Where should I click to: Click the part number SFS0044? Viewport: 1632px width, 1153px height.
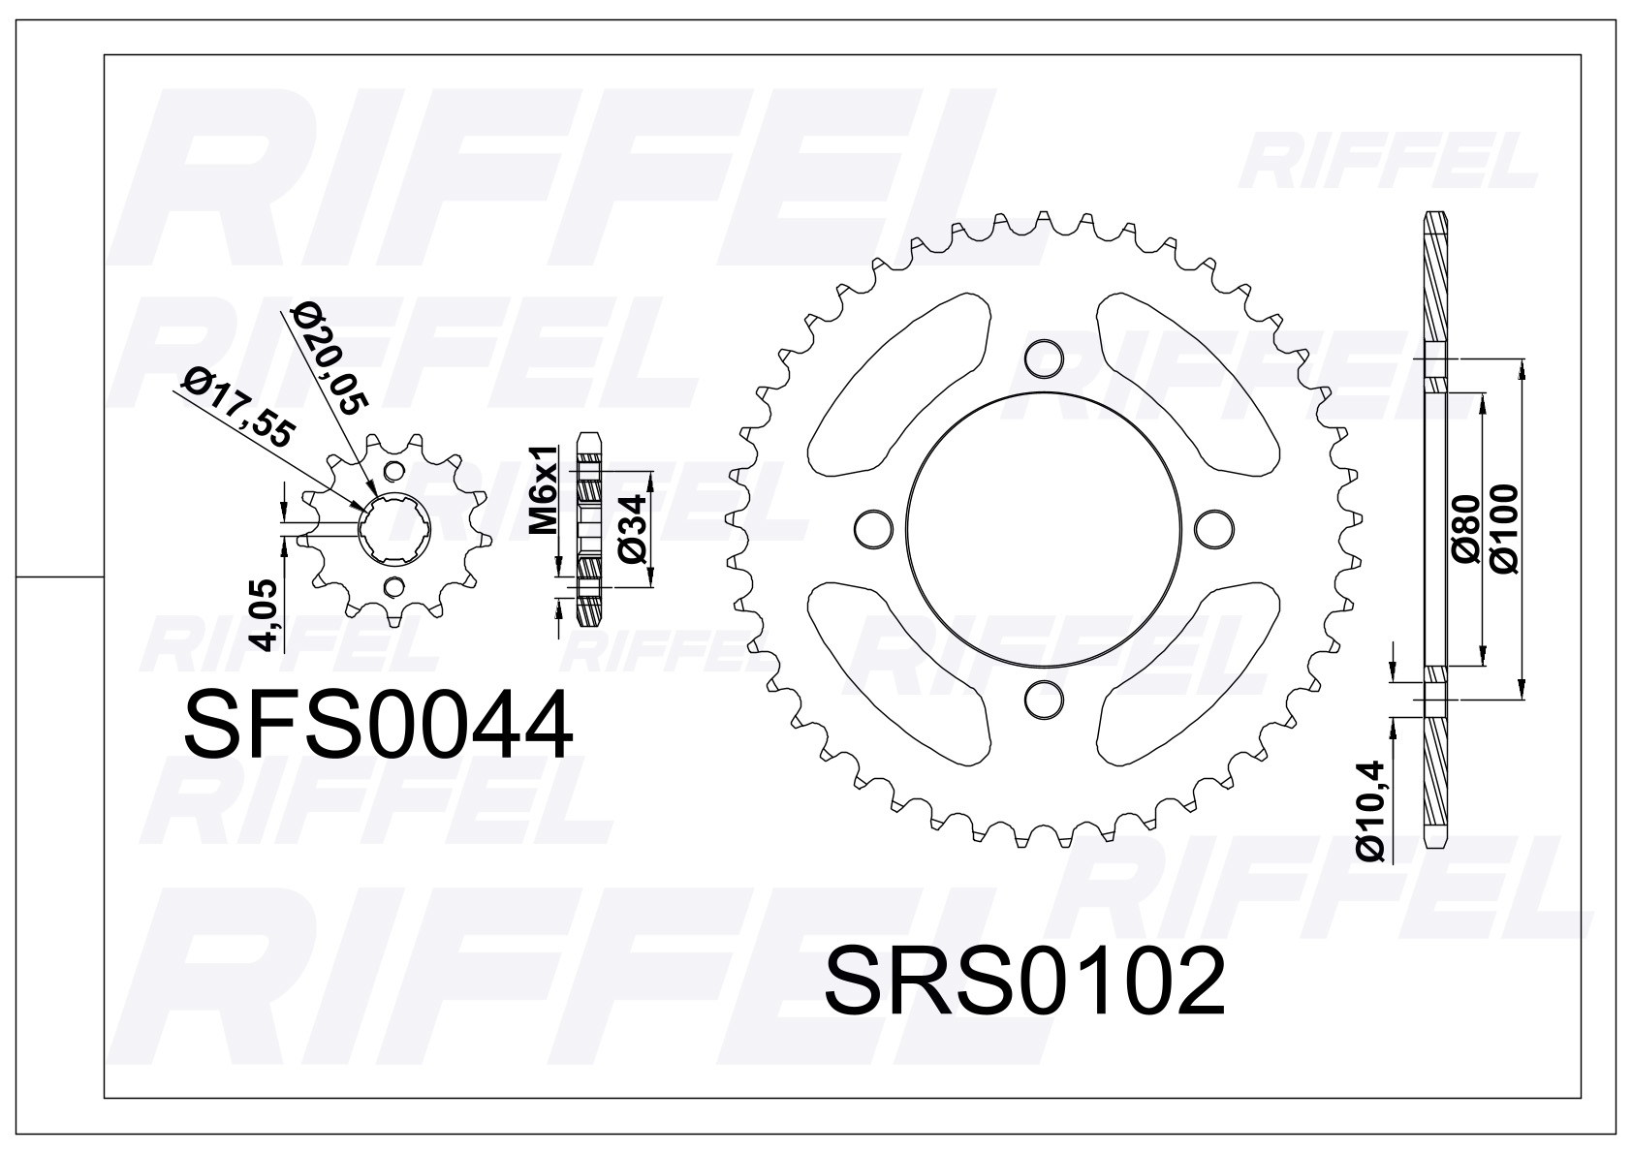tap(378, 727)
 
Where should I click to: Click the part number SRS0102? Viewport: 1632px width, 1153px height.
tap(1024, 981)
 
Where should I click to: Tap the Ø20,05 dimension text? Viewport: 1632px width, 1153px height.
tap(330, 360)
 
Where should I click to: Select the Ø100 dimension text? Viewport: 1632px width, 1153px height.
tap(1504, 528)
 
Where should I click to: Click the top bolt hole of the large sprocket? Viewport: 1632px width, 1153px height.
tap(1044, 358)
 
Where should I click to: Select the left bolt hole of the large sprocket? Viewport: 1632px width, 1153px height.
tap(874, 528)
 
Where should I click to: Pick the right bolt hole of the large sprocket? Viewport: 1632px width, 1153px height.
tap(1213, 528)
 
